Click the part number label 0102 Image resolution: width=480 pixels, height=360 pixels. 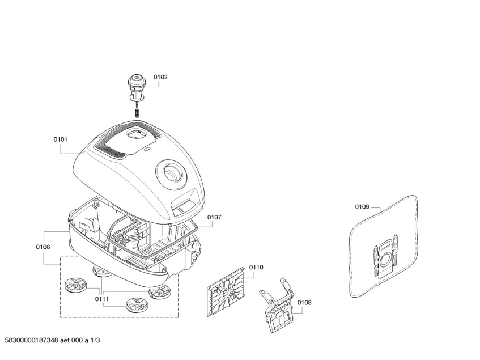pyautogui.click(x=160, y=77)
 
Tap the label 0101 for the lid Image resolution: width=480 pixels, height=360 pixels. pyautogui.click(x=61, y=139)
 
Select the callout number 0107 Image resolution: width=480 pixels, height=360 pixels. pyautogui.click(x=214, y=217)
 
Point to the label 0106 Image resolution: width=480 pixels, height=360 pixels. pyautogui.click(x=43, y=247)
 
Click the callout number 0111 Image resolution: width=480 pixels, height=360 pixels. pyautogui.click(x=102, y=298)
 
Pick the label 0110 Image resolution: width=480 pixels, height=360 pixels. pyautogui.click(x=256, y=267)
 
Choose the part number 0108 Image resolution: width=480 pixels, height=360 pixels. pyautogui.click(x=304, y=302)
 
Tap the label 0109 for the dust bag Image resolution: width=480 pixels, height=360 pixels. pyautogui.click(x=362, y=207)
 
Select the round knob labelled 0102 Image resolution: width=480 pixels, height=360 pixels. pyautogui.click(x=137, y=83)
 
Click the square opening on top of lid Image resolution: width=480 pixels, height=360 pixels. pyautogui.click(x=137, y=134)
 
